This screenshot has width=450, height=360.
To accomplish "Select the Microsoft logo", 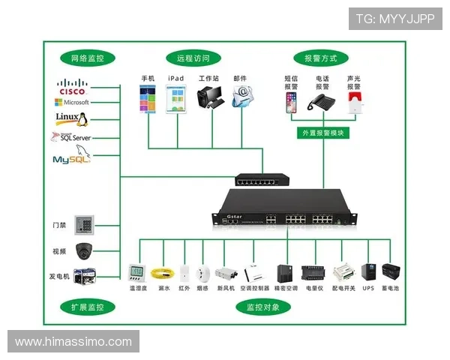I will (71, 102).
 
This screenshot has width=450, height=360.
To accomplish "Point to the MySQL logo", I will (71, 158).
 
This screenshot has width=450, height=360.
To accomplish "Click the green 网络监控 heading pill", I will (87, 58).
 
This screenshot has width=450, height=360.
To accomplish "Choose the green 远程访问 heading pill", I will (193, 58).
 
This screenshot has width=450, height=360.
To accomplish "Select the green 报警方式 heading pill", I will (320, 58).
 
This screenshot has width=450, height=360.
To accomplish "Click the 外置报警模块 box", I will (322, 133).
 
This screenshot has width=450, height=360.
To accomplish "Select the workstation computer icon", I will (208, 98).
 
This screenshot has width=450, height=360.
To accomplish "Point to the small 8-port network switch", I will (262, 180).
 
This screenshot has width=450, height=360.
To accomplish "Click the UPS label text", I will (368, 287).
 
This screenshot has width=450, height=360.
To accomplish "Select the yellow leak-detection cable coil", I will (160, 273).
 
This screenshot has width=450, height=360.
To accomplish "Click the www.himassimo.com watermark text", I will (73, 342).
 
